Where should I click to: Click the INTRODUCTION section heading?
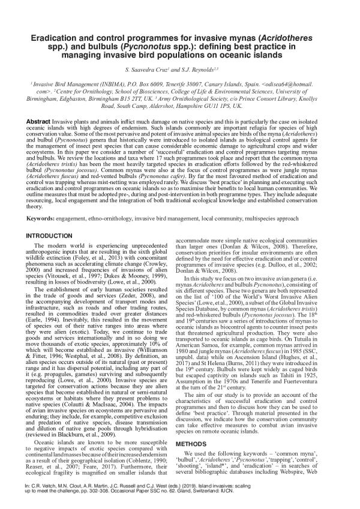[55, 218]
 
